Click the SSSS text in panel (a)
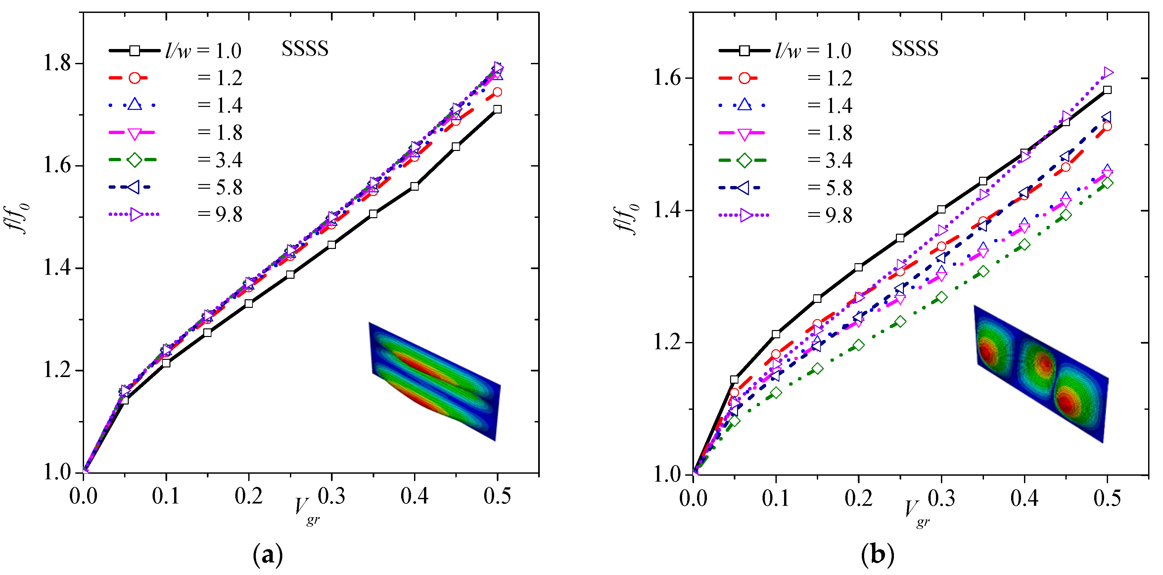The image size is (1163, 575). pos(305,49)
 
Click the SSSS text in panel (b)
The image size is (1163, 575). pos(915,49)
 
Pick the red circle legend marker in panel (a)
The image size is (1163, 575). pos(134,78)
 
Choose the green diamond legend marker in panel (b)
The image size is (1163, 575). pos(744,160)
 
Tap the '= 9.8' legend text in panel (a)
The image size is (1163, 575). pos(220,215)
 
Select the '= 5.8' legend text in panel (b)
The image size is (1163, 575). pos(830,187)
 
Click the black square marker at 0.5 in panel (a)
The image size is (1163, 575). pos(497,109)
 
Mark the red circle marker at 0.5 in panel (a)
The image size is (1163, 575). pos(497,92)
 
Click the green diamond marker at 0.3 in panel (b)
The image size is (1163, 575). pos(941,297)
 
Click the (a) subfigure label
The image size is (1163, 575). pos(268,555)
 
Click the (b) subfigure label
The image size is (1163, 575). pos(877,555)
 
